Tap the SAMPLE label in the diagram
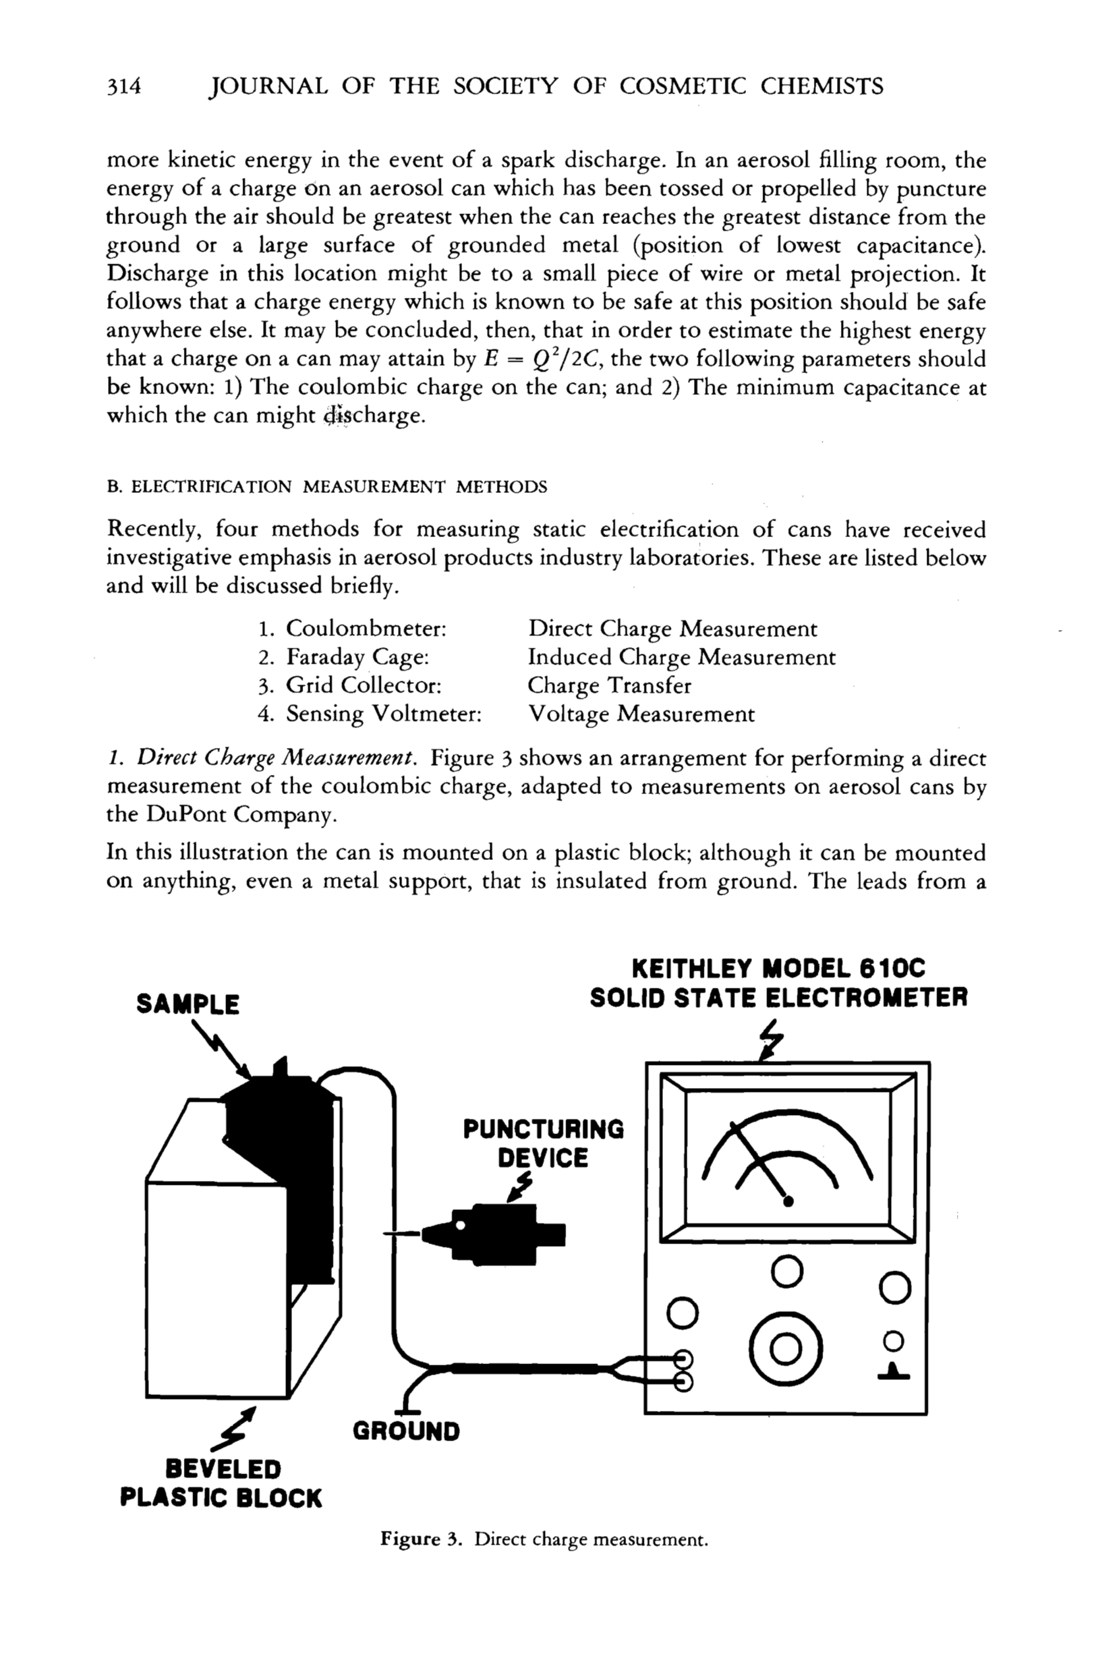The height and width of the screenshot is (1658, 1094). pyautogui.click(x=188, y=1004)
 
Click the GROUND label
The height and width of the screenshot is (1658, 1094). pyautogui.click(x=406, y=1431)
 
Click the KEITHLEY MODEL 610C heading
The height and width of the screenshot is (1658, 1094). pyautogui.click(x=778, y=969)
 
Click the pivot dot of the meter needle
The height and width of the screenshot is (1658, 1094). pyautogui.click(x=788, y=1201)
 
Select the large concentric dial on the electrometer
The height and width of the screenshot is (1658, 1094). pyautogui.click(x=786, y=1349)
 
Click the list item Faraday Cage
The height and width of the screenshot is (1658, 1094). pyautogui.click(x=357, y=657)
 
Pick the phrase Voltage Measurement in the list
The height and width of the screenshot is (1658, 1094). pyautogui.click(x=641, y=714)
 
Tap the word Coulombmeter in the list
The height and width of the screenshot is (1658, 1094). pyautogui.click(x=366, y=629)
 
